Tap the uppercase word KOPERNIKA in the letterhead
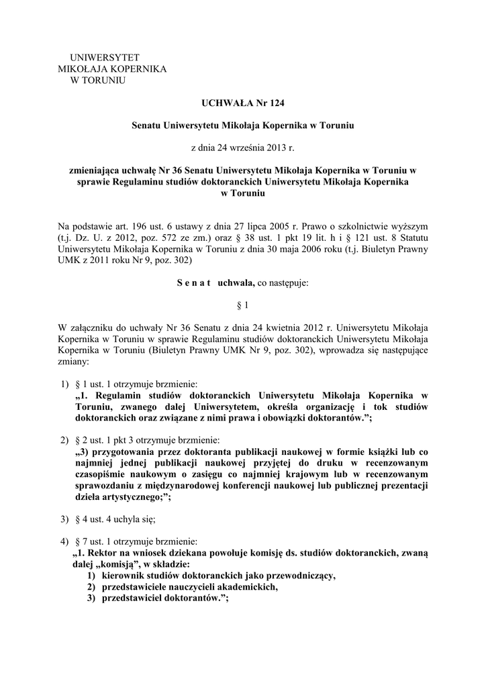tap(141, 69)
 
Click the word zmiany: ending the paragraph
tap(73, 361)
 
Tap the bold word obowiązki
tap(295, 417)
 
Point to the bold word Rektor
tap(102, 552)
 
